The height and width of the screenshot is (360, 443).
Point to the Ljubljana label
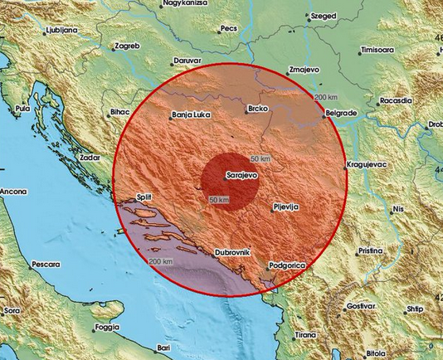coord(61,30)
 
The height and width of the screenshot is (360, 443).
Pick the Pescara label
coord(46,264)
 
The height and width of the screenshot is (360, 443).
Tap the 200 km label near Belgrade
coord(327,98)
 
